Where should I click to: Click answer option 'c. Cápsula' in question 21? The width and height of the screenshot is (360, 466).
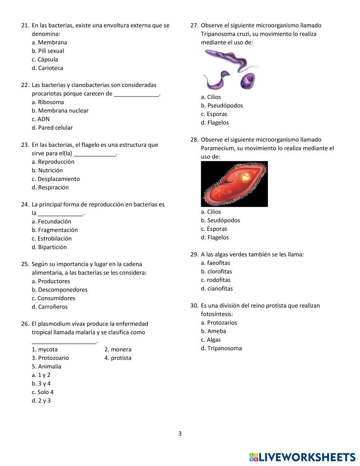click(x=45, y=59)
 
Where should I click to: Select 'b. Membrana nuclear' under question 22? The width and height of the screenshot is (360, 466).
click(x=60, y=111)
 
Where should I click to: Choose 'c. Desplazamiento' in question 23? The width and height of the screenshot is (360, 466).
click(x=55, y=179)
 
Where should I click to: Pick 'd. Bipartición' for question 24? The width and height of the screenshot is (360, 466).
click(x=49, y=247)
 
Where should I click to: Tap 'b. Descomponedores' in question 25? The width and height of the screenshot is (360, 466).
click(x=59, y=290)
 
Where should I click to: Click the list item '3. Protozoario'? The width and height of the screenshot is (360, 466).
click(x=50, y=358)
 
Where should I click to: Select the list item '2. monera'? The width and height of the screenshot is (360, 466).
click(x=118, y=349)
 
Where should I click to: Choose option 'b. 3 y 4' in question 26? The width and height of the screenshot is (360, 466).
click(x=41, y=384)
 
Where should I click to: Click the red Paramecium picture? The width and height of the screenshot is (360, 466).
click(x=234, y=184)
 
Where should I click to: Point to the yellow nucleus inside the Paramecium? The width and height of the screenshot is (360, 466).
click(x=246, y=177)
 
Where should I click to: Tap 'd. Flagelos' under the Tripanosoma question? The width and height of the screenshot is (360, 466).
click(x=215, y=122)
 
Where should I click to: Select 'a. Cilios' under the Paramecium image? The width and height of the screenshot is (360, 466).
click(x=211, y=212)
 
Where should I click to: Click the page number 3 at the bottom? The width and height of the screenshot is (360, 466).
click(x=180, y=434)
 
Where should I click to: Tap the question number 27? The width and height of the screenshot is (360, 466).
click(x=194, y=26)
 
